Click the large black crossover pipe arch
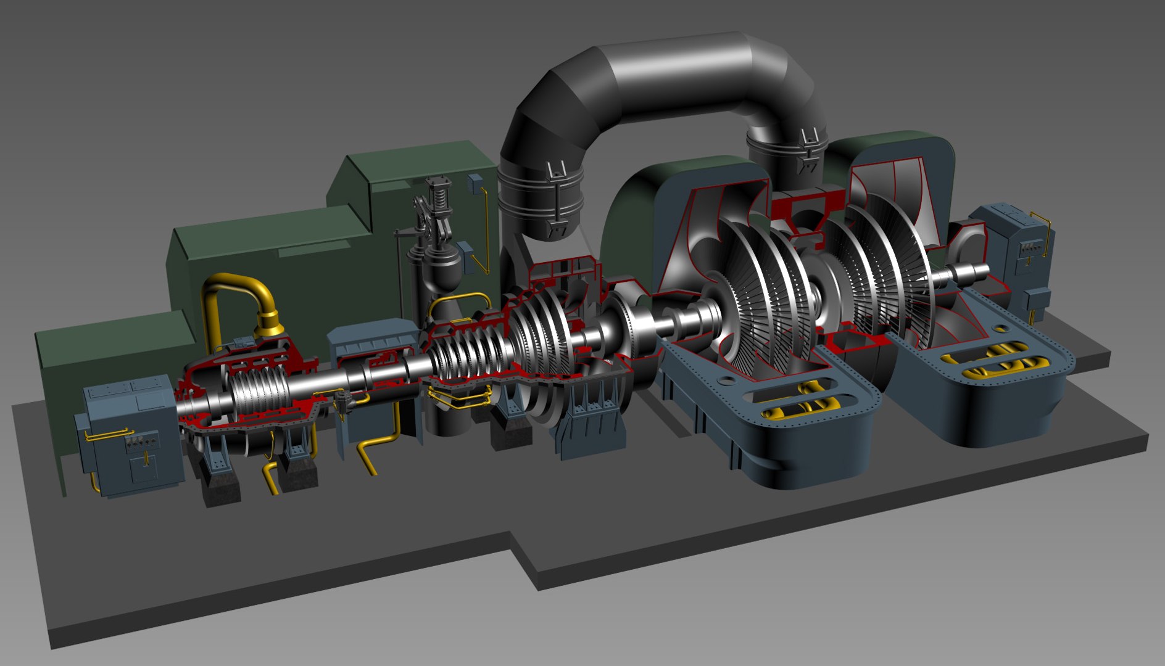(x=666, y=68)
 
